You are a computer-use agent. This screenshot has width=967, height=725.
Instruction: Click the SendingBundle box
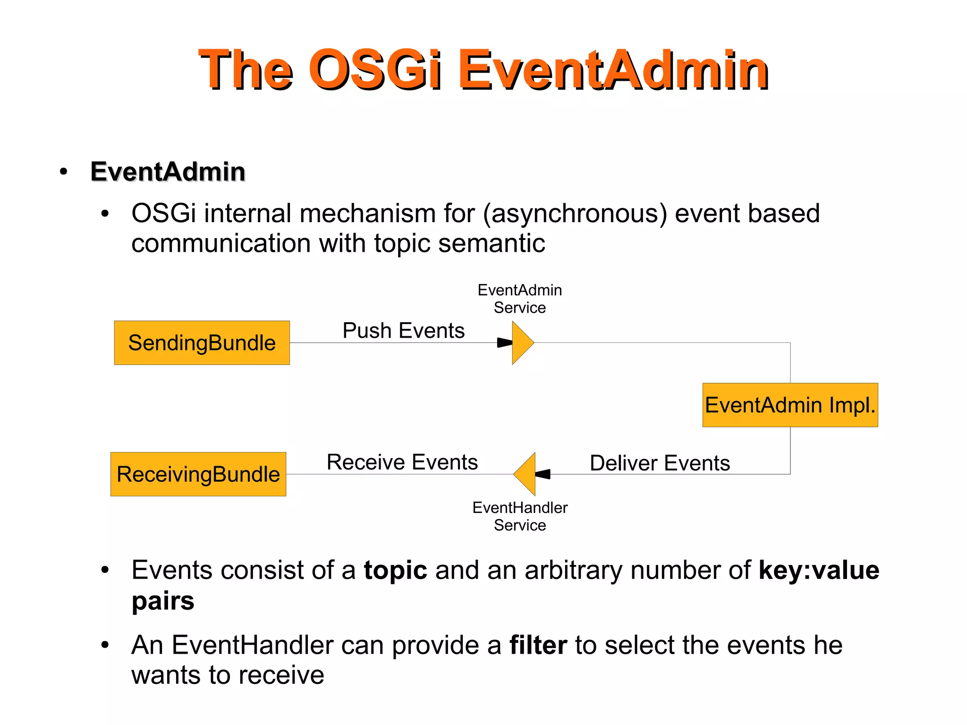[202, 343]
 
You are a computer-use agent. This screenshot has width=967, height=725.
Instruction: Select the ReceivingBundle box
[198, 474]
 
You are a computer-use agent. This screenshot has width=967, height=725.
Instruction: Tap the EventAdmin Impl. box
[790, 405]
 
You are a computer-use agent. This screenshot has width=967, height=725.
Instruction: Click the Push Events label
[403, 331]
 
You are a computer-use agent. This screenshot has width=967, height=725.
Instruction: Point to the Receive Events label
[402, 462]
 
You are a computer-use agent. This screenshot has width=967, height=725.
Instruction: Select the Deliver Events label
[660, 463]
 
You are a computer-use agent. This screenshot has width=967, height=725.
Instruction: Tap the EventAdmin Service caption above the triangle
[520, 299]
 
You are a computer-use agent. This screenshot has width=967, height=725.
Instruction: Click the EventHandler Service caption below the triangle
[520, 516]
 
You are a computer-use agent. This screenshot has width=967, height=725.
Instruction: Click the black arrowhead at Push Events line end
[505, 343]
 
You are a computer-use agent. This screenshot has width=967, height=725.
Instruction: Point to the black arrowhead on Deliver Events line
[543, 474]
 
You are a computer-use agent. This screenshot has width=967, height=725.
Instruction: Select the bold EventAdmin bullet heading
[168, 171]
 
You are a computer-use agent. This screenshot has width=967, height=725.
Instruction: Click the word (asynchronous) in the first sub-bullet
[575, 213]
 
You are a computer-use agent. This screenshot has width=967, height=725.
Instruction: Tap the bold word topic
[395, 570]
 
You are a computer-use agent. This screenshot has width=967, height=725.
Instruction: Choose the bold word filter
[538, 645]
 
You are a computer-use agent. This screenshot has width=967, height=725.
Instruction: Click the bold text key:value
[819, 570]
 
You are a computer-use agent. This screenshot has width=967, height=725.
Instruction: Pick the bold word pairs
[163, 601]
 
